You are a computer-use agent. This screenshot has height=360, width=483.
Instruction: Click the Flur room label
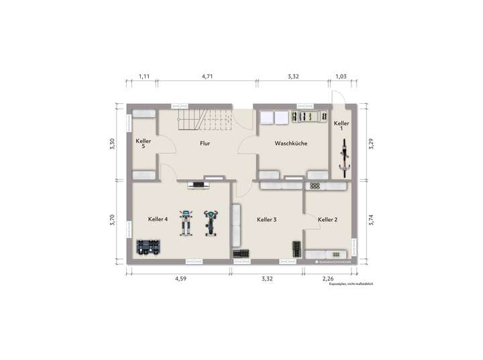point(206,143)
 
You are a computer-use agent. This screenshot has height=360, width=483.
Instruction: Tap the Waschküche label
point(291,143)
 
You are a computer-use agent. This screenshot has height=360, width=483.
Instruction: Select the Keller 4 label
point(158,219)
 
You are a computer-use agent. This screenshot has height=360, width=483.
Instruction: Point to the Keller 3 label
point(267,219)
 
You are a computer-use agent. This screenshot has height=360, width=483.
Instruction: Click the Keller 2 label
point(327,219)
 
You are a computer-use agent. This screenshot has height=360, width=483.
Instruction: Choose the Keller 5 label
point(144,144)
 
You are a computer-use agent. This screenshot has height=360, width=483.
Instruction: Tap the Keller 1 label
point(341,127)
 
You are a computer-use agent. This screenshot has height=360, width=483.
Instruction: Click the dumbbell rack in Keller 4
point(148,247)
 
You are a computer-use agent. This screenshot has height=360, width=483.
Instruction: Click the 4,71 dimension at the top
point(207,77)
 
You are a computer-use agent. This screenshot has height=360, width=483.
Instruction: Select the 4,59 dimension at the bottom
point(180,278)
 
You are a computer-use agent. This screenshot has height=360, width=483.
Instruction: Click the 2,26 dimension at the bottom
point(327,278)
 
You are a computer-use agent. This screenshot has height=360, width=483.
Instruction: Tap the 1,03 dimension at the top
point(341,77)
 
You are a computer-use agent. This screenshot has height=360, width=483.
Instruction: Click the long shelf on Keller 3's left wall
point(235,226)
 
